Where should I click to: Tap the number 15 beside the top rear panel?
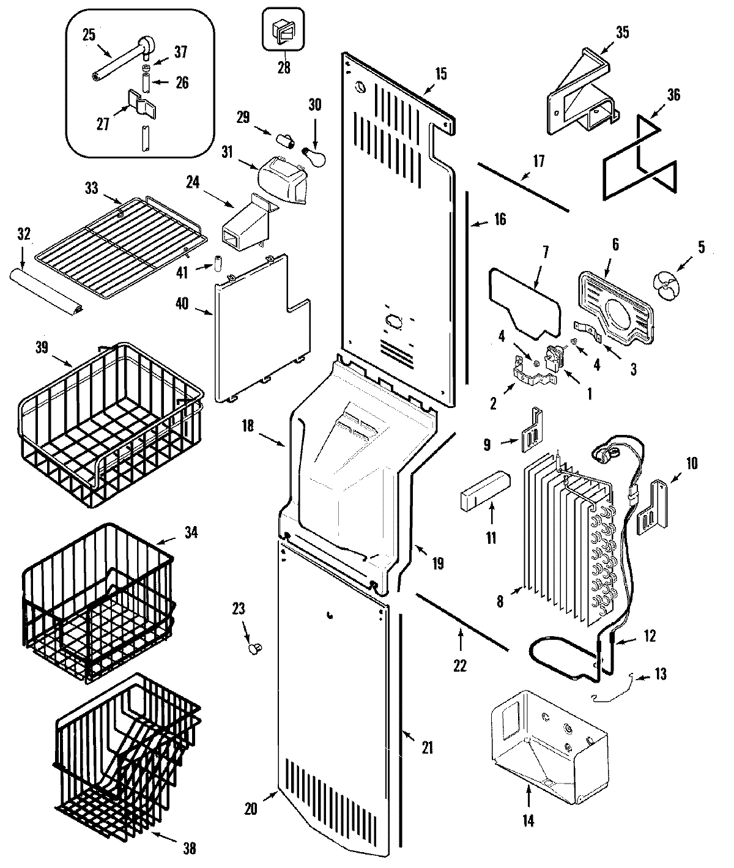point(440,74)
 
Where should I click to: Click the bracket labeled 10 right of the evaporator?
point(653,508)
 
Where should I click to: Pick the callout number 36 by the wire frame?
point(673,95)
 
